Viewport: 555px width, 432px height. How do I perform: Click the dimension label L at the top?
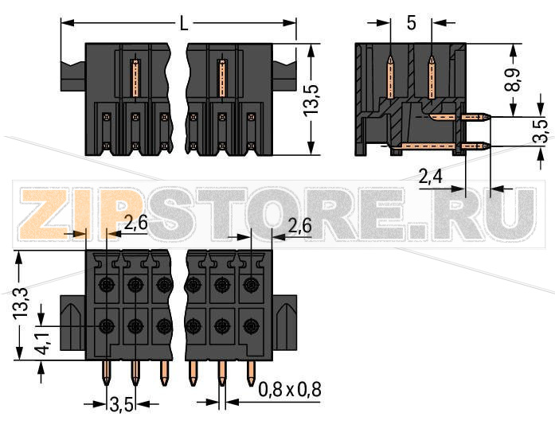point(183,24)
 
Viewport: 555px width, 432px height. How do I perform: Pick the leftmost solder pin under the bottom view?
point(107,374)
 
